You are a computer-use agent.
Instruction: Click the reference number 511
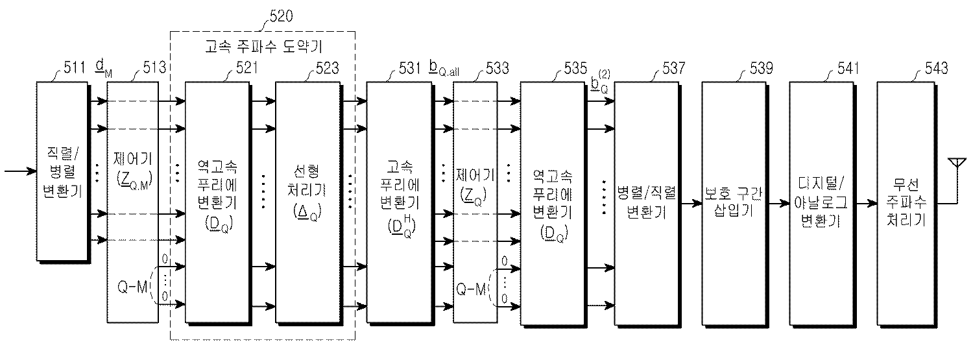(73, 67)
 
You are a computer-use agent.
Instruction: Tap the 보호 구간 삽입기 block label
(732, 202)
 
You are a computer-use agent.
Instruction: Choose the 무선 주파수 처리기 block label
(906, 202)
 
